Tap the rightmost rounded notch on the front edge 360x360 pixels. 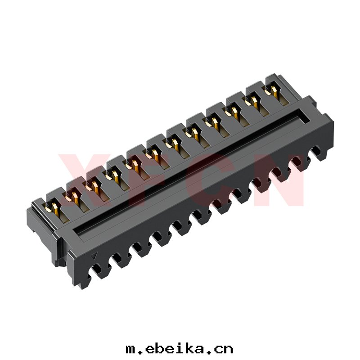(x=316, y=150)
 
